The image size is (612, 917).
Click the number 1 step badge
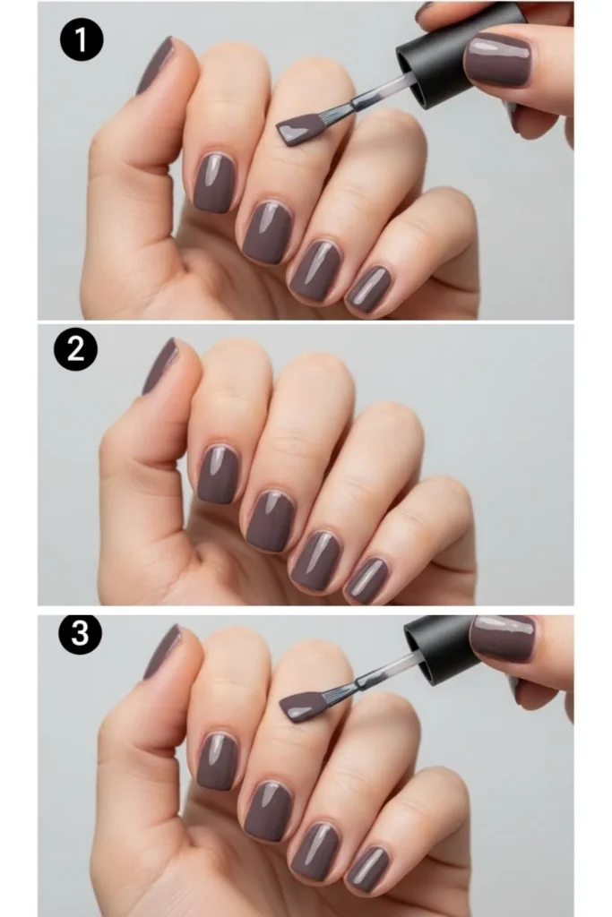point(82,41)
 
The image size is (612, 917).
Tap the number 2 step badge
point(75,349)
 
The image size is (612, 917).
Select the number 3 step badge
point(81,634)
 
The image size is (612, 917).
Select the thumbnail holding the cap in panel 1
point(497,60)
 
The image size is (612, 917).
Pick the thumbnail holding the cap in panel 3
point(503,638)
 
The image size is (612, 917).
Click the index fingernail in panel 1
point(214,182)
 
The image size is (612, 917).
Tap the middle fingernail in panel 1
point(267,231)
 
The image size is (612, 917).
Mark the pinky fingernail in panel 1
point(369,288)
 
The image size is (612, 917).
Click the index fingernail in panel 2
point(218,473)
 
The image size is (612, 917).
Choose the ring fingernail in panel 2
point(315,560)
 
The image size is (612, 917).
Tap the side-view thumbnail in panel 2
point(159,365)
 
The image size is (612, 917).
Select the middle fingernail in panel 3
point(269,810)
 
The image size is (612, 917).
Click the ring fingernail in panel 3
point(315,851)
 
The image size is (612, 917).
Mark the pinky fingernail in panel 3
point(369,869)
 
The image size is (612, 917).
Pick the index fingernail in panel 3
point(216,760)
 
